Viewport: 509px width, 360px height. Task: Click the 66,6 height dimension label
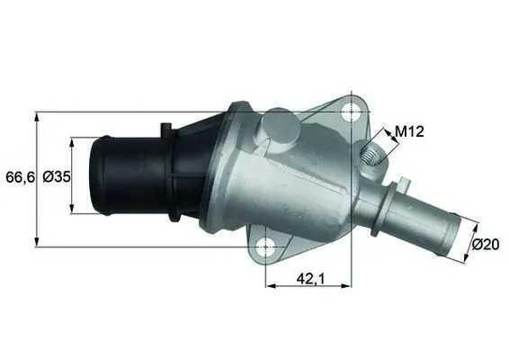19,178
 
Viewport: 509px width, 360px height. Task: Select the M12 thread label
409,132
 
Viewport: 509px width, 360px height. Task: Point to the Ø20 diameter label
487,243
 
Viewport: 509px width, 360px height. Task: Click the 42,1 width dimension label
308,279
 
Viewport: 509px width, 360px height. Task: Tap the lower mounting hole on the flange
265,246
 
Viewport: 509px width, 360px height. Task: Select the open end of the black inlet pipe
96,176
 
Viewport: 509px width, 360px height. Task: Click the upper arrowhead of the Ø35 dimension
72,142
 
